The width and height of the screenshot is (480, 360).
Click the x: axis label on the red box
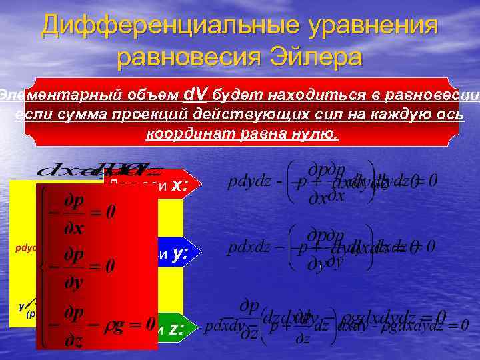point(178,187)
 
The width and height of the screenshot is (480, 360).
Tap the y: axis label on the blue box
point(178,254)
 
